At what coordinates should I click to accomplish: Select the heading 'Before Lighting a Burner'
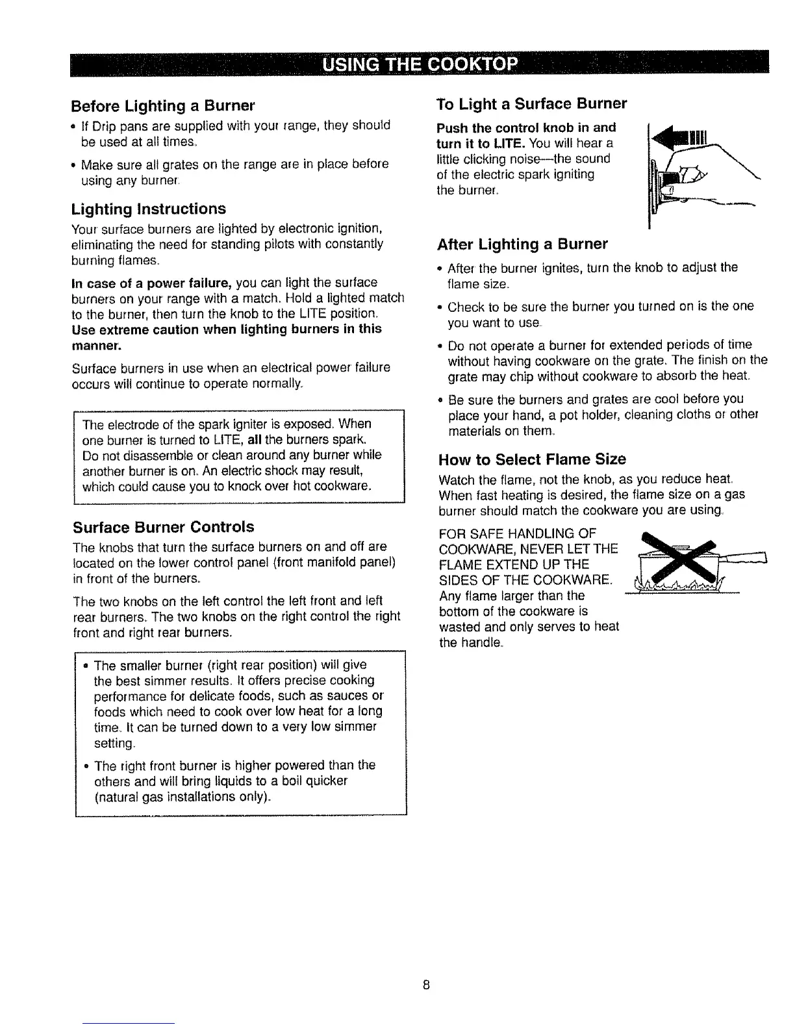tap(163, 105)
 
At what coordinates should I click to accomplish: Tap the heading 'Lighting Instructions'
tap(149, 209)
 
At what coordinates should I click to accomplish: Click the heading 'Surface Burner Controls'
tap(163, 526)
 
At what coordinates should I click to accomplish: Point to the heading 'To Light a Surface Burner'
tap(533, 104)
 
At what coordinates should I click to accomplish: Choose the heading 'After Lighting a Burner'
tap(523, 244)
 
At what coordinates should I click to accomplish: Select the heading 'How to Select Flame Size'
tap(533, 459)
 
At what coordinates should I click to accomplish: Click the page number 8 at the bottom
tap(425, 984)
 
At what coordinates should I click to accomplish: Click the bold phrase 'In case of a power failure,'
tap(152, 283)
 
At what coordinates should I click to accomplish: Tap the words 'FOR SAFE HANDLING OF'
tap(512, 533)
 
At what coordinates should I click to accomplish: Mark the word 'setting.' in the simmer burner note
tap(115, 743)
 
